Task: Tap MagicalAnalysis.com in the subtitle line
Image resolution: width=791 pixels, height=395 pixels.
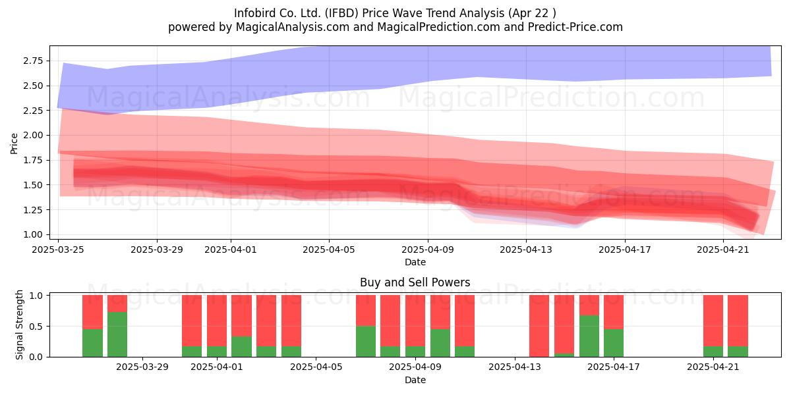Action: (x=293, y=27)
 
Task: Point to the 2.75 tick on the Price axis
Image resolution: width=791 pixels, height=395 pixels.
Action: (x=33, y=61)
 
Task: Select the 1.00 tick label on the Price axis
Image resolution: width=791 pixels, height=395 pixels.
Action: (x=33, y=234)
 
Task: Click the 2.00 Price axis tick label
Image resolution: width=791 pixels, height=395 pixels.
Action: (x=33, y=136)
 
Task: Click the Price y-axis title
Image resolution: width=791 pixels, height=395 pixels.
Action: (x=14, y=144)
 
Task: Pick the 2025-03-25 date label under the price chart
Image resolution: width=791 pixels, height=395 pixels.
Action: (x=58, y=250)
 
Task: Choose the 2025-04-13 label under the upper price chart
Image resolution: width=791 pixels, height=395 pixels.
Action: (x=526, y=250)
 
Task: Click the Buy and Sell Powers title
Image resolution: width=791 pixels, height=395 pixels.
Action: (x=415, y=282)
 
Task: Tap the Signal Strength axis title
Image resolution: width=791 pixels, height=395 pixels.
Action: (x=19, y=325)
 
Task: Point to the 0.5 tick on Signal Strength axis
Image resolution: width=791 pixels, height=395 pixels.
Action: (x=36, y=327)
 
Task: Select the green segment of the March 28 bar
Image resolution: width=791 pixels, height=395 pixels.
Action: (x=117, y=334)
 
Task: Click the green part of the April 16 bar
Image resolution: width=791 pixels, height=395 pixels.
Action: (x=589, y=336)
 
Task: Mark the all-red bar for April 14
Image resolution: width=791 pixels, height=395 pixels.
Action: (x=539, y=326)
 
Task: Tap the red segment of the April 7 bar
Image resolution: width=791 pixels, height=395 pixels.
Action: (x=366, y=310)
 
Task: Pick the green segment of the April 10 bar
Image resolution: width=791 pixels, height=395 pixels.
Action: (x=440, y=343)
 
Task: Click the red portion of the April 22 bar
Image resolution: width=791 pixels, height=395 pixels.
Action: (x=738, y=321)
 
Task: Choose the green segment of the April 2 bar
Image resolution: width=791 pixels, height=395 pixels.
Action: (x=241, y=347)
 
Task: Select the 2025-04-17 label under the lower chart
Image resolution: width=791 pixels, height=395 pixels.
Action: (x=614, y=367)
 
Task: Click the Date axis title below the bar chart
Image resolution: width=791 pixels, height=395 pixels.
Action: (x=415, y=381)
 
